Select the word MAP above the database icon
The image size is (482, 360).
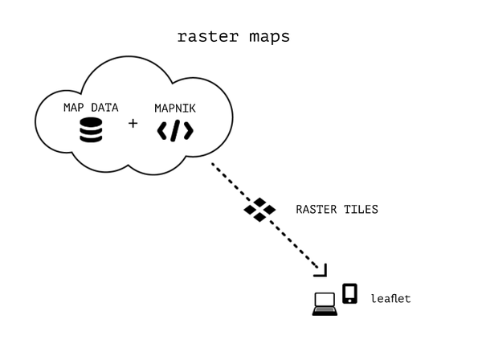click(75, 107)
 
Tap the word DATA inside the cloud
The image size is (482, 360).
click(104, 107)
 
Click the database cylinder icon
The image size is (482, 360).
click(91, 131)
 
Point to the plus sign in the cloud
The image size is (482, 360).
click(133, 124)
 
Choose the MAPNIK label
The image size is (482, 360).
click(175, 107)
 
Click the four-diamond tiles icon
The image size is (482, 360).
click(259, 209)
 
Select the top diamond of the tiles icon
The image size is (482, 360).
click(259, 201)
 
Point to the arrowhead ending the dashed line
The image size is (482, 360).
click(323, 271)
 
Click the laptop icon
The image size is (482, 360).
click(325, 304)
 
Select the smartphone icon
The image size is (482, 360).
click(349, 293)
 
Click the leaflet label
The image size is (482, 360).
click(390, 299)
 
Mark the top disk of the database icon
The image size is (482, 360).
click(91, 122)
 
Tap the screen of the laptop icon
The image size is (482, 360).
click(325, 301)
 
